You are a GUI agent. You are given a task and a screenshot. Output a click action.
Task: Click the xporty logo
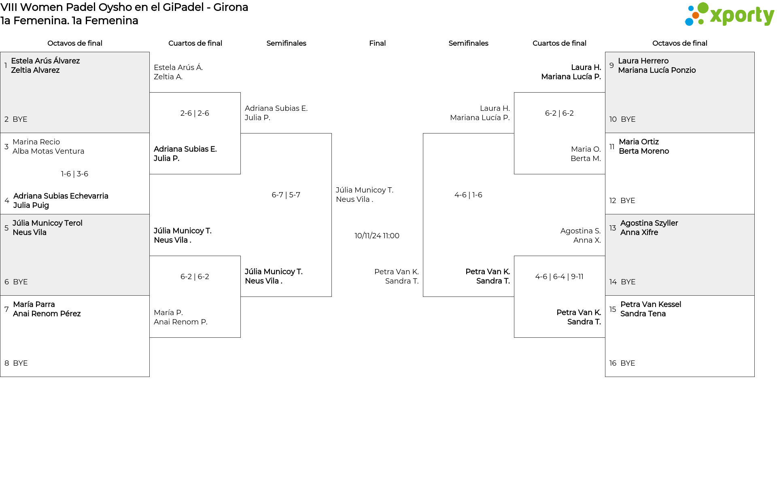point(729,15)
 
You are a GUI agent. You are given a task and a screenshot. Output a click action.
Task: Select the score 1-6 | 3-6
point(74,174)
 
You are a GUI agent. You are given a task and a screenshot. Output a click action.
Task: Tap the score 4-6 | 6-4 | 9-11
point(559,277)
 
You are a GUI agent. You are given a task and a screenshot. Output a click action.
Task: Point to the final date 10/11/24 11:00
point(377,236)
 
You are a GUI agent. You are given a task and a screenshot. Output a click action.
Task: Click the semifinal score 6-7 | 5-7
point(286,195)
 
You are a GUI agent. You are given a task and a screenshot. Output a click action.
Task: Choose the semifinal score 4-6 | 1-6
point(468,195)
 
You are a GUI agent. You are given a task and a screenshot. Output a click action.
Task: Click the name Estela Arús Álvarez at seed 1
point(45,61)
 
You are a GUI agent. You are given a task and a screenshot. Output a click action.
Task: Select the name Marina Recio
point(36,142)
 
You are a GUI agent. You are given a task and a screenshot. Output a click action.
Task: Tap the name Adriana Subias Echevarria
point(61,196)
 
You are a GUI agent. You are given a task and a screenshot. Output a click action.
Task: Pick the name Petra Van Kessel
point(650,305)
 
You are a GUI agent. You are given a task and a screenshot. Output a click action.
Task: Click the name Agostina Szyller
point(649,223)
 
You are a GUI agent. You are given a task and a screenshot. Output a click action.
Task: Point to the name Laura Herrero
point(643,61)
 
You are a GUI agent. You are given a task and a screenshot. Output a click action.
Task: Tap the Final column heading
point(377,43)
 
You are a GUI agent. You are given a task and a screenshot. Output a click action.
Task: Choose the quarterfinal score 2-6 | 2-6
point(195,113)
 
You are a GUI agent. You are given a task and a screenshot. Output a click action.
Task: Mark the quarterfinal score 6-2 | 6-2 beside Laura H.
point(559,113)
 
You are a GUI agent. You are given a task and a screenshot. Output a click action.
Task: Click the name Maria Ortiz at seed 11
point(639,142)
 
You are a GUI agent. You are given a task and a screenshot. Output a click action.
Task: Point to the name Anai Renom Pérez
point(47,314)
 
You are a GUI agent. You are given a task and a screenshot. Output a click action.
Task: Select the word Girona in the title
point(231,7)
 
